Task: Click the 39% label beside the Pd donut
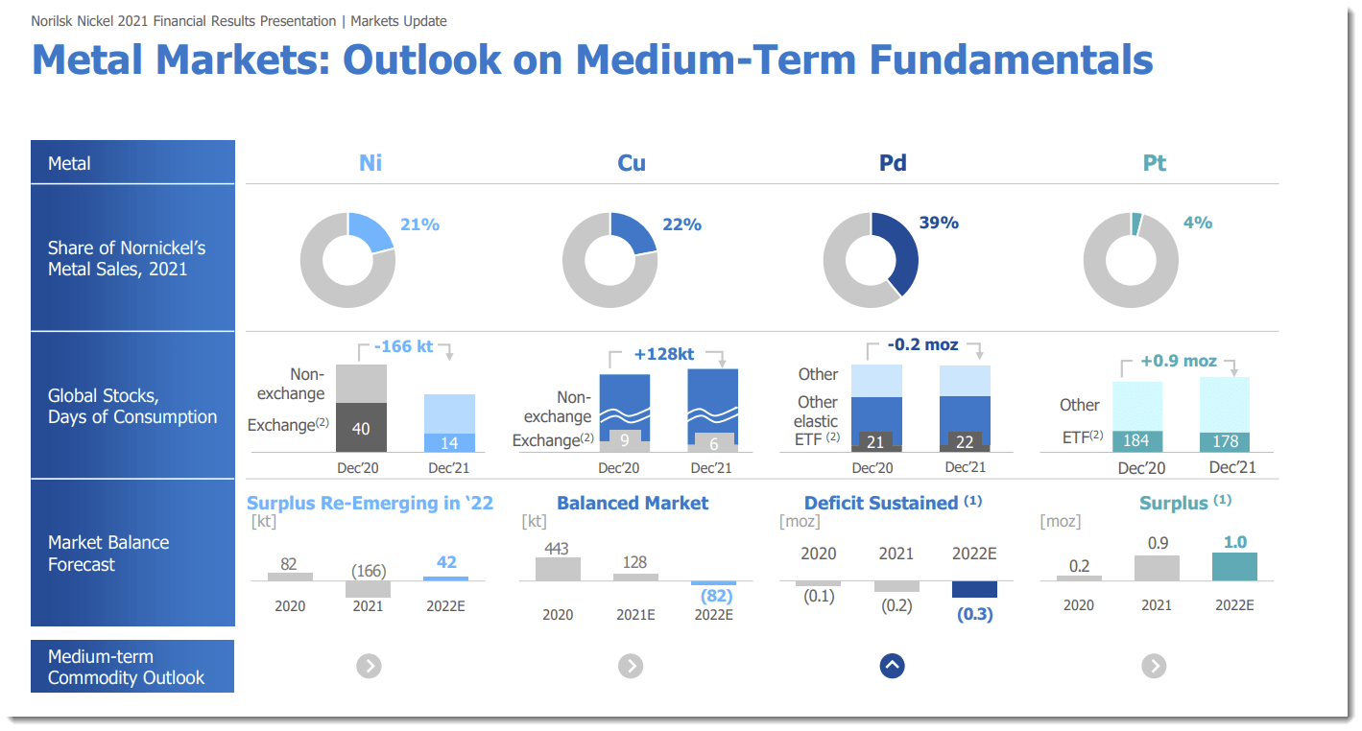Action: point(939,223)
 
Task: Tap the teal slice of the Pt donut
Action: point(1135,224)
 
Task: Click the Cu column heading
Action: point(632,163)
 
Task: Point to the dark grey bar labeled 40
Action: point(361,427)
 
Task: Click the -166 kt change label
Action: point(403,346)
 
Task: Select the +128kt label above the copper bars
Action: point(664,354)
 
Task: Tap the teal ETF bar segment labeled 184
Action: point(1137,441)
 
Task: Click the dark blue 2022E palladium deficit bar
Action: point(974,589)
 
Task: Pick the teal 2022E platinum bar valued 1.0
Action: point(1234,566)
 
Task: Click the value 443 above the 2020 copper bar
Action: point(557,549)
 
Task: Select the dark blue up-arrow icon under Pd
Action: point(892,666)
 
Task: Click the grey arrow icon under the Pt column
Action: point(1154,666)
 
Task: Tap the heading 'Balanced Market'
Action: point(633,503)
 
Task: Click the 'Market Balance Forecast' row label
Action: point(108,553)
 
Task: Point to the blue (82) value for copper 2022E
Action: point(716,596)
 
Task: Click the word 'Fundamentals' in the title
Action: point(1011,59)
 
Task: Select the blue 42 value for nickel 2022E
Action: point(446,562)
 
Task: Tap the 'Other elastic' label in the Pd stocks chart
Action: point(815,412)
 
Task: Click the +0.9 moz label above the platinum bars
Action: point(1179,361)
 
